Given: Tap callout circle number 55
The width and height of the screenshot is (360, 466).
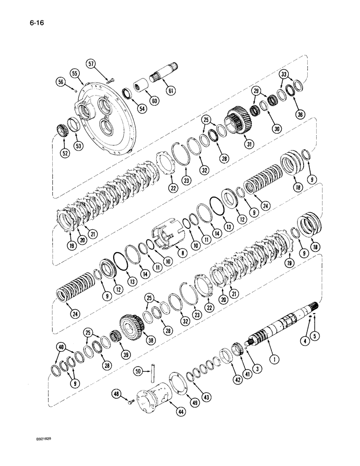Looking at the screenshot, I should point(75,73).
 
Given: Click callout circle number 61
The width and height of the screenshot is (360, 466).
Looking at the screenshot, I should point(171,90).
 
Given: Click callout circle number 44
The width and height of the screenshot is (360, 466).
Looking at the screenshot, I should point(179,411).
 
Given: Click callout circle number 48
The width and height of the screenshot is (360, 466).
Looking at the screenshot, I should point(116,394).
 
